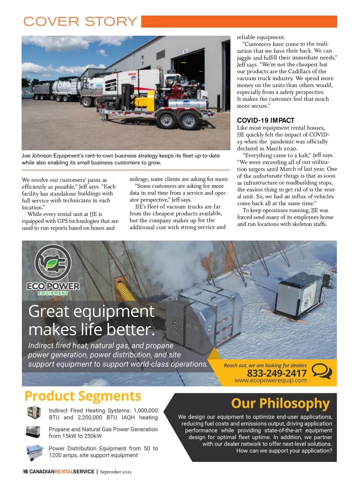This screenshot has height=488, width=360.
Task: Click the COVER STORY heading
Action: point(80,22)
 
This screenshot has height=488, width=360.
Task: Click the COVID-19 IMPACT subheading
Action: point(265,121)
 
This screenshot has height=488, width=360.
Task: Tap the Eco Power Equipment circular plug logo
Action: point(53,263)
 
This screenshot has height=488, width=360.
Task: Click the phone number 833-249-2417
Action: point(277,373)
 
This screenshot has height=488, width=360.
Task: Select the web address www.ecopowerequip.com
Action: point(270,381)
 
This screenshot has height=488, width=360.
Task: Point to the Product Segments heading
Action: point(83,396)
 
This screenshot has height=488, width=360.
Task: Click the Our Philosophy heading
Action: point(280,403)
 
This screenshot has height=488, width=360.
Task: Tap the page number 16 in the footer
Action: point(25,472)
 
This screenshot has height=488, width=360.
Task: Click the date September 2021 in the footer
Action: point(116,472)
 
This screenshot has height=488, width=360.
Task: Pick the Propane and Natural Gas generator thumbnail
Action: point(33,432)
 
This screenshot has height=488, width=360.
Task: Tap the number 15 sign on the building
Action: point(185,51)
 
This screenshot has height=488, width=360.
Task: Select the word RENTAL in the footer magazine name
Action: point(64,472)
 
